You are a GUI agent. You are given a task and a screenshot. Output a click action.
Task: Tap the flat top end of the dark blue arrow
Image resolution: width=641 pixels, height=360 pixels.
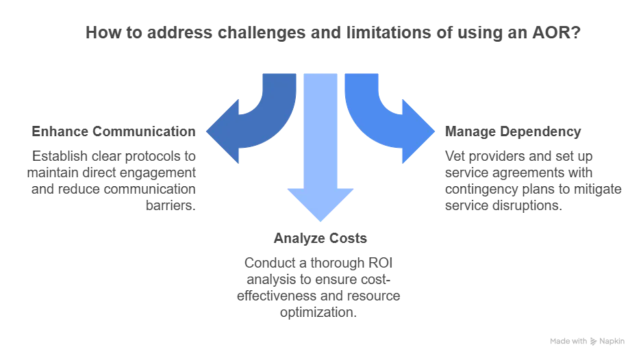279,76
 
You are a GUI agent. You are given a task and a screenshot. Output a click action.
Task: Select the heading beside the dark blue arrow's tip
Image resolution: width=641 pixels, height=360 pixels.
112,129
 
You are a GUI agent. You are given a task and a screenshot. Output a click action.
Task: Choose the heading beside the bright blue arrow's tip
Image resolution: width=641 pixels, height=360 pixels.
514,129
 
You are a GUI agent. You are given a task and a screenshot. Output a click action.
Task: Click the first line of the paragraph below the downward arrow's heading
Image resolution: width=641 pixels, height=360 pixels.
319,261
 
